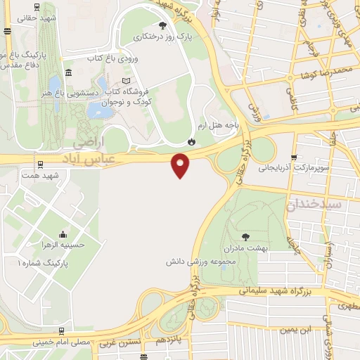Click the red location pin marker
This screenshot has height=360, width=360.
point(181,165)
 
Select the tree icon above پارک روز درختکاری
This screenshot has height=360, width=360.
point(163,26)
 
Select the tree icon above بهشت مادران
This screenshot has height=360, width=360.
point(245,238)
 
